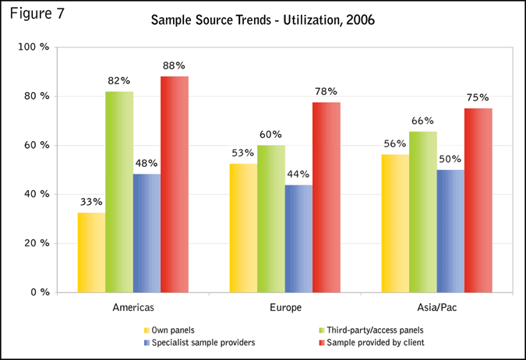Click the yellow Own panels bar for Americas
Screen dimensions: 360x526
pyautogui.click(x=92, y=252)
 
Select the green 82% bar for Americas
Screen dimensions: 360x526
pyautogui.click(x=119, y=192)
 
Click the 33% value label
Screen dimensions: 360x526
pyautogui.click(x=92, y=202)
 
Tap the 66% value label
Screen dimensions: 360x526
pyautogui.click(x=423, y=121)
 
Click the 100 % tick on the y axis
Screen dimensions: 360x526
pyautogui.click(x=34, y=48)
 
